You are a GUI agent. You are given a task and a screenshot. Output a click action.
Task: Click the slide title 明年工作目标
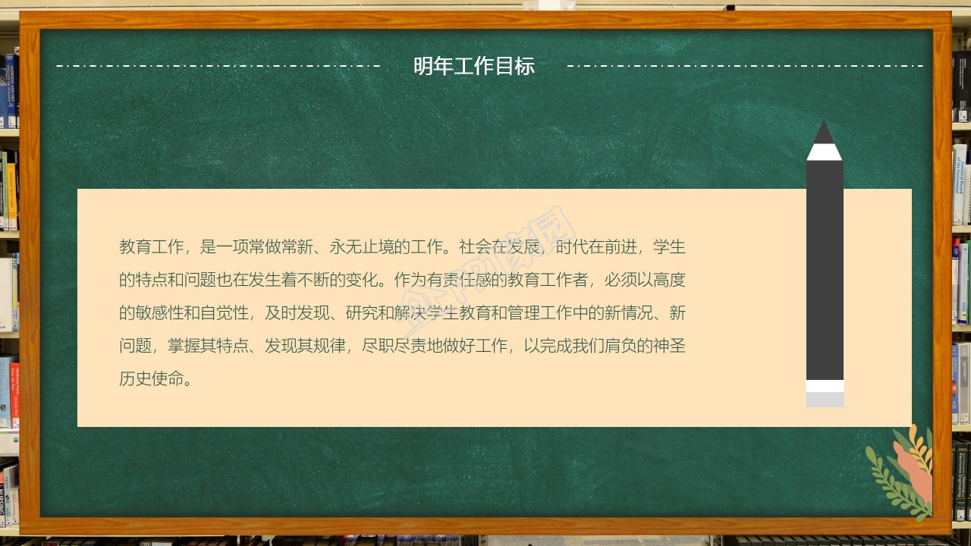tap(474, 67)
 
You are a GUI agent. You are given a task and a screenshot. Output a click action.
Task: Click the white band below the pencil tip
tap(824, 152)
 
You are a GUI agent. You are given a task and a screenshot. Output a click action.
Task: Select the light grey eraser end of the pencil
tap(825, 400)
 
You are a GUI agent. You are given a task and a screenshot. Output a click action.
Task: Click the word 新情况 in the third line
tap(621, 313)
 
